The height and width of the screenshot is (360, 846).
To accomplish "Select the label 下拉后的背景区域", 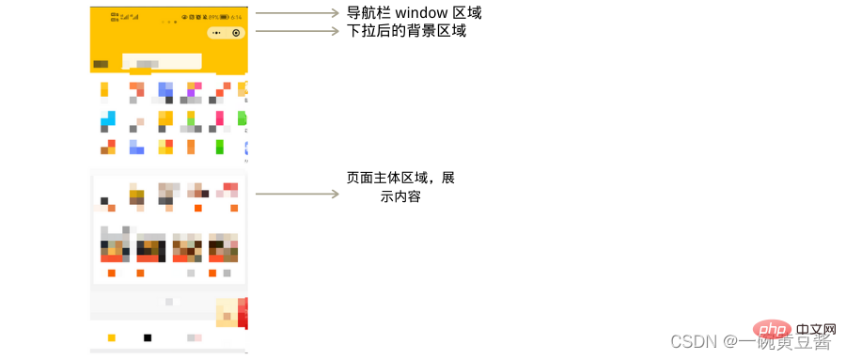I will tap(400, 31).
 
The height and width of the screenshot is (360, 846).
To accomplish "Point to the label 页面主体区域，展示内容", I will tap(400, 187).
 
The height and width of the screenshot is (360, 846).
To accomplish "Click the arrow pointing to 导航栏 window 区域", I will tap(296, 13).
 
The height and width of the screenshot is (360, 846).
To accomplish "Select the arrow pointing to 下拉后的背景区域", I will tap(296, 31).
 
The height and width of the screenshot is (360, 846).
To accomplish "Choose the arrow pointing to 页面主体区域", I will tap(296, 195).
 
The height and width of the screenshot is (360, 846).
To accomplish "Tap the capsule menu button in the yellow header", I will tap(226, 32).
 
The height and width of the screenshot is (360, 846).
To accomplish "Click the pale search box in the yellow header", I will tap(162, 62).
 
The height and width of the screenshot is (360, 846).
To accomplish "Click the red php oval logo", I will tap(771, 330).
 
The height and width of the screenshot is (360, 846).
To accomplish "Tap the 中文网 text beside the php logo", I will tap(814, 331).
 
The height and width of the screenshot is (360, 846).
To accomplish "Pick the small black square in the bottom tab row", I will tap(147, 337).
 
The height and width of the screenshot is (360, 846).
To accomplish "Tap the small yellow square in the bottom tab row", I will tap(111, 337).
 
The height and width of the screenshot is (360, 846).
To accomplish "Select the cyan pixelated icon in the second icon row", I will tap(108, 119).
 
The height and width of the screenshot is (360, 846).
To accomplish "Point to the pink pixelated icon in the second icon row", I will tap(219, 119).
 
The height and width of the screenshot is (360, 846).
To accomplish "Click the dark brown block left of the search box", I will tap(101, 64).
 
